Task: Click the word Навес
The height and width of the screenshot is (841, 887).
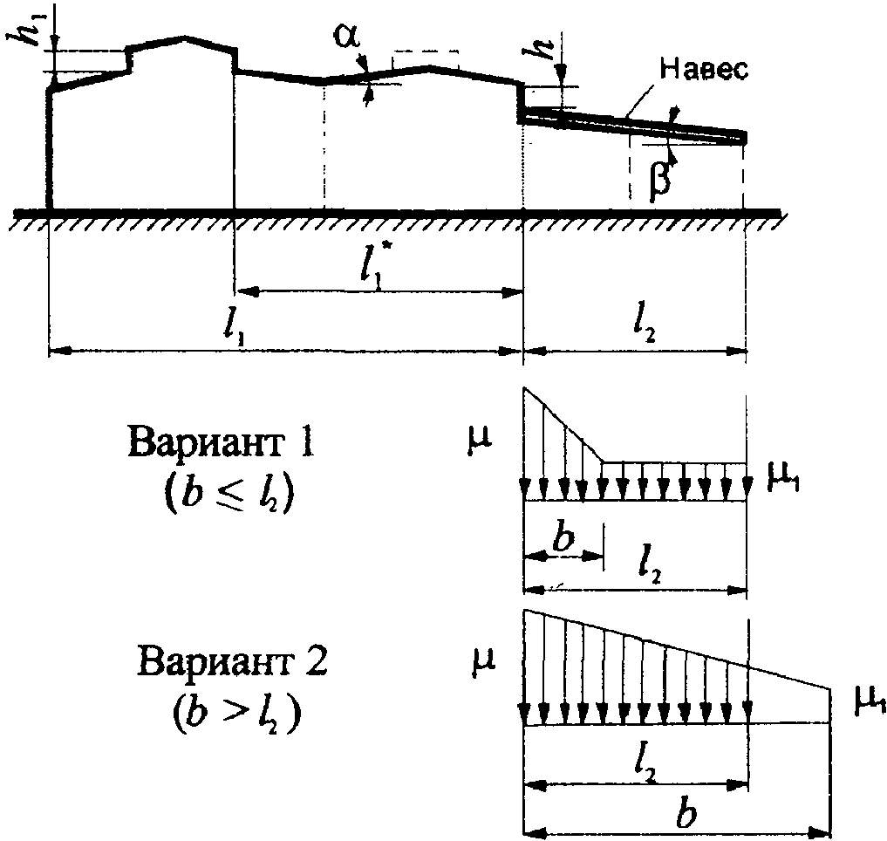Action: click(x=703, y=70)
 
